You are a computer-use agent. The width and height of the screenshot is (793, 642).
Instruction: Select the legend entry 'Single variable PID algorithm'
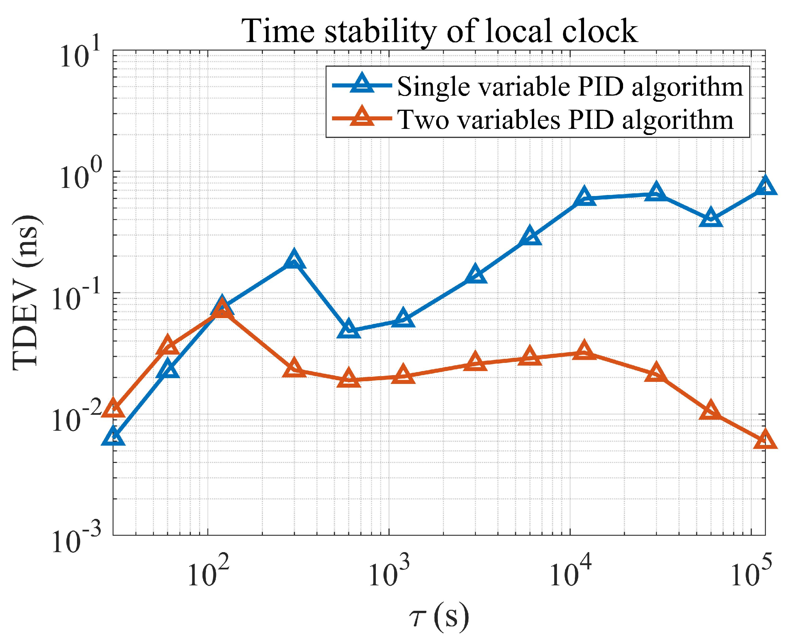pos(569,87)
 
